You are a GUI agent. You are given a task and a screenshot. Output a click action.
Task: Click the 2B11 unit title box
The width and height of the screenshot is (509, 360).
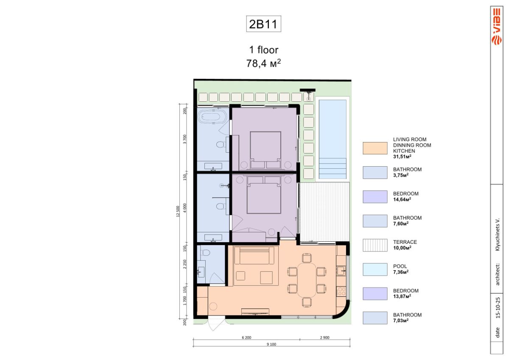263,24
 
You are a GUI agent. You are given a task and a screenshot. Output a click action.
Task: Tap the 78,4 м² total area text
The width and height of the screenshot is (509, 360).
263,63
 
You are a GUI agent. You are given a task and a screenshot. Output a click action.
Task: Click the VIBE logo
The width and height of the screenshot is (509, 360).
497,27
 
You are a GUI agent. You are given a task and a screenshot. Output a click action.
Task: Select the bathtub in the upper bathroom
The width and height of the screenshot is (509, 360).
212,117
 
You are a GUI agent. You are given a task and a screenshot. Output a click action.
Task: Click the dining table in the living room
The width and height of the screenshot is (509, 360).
307,280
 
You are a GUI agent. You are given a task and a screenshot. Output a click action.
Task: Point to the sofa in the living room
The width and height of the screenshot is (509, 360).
254,255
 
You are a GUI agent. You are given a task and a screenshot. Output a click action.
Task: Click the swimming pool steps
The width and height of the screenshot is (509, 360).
333,168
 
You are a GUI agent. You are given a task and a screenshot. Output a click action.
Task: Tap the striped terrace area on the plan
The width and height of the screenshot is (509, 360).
324,212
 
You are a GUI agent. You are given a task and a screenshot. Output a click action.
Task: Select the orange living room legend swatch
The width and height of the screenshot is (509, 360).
375,148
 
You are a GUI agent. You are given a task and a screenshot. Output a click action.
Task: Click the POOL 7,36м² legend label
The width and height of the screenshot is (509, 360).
400,269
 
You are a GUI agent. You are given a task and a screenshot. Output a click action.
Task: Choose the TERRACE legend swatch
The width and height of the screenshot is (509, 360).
375,245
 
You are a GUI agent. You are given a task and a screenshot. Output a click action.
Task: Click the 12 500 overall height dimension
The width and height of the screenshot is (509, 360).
178,211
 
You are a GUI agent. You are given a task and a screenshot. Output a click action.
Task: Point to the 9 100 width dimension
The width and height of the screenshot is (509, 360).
271,344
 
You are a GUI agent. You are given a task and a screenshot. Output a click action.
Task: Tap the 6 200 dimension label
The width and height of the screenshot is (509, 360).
246,338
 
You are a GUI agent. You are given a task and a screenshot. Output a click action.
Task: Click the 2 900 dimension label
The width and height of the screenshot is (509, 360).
324,338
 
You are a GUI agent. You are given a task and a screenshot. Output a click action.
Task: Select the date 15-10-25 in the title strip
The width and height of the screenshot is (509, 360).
498,308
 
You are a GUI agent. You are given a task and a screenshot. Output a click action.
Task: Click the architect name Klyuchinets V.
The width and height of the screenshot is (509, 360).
498,234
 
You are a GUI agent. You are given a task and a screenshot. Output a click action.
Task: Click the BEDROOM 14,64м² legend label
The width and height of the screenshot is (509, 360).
406,196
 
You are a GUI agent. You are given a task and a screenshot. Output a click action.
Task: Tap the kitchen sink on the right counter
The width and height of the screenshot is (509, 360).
341,271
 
